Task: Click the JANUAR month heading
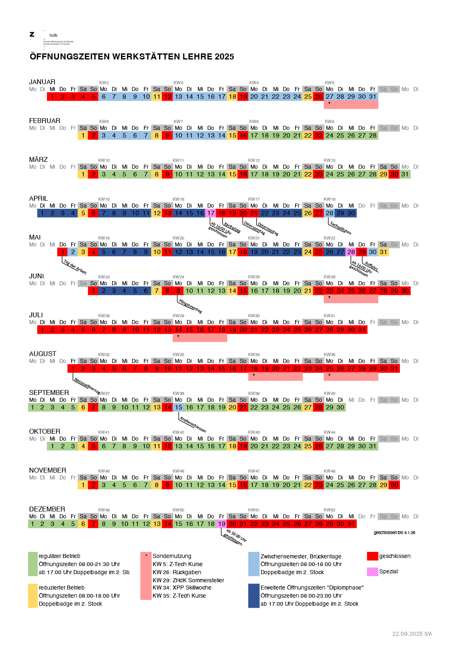click(42, 82)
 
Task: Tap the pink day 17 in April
click(211, 213)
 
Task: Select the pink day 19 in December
click(222, 524)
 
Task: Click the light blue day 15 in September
click(178, 407)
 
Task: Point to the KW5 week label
click(329, 83)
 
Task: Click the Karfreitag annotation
click(232, 228)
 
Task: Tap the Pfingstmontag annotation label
click(190, 306)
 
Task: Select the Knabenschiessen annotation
click(193, 424)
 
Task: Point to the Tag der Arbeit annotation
click(75, 267)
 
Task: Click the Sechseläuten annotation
click(340, 228)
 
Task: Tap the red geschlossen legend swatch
click(372, 556)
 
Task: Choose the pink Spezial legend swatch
click(372, 572)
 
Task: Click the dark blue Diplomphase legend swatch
click(254, 595)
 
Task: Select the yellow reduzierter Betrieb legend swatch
click(33, 595)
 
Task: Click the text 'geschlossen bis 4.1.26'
click(394, 533)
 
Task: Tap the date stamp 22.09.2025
click(407, 634)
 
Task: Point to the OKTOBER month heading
click(45, 431)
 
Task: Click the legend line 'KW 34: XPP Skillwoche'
click(182, 587)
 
